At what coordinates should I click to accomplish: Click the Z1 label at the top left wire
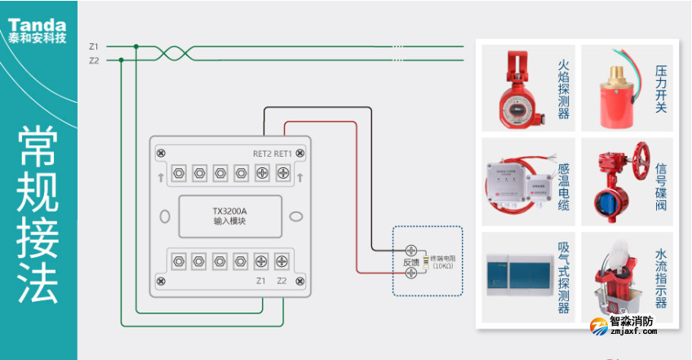[93, 46]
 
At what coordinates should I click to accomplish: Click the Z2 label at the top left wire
[93, 60]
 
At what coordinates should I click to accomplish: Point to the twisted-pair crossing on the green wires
[174, 53]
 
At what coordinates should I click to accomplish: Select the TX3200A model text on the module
[229, 211]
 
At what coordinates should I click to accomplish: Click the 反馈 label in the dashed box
[410, 263]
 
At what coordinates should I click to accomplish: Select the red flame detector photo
[514, 87]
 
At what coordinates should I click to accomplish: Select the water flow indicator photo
[614, 278]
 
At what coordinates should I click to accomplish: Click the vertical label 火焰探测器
[563, 89]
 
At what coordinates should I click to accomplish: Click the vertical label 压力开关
[661, 89]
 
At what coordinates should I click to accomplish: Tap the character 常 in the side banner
[38, 149]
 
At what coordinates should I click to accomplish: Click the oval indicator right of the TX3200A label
[297, 216]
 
